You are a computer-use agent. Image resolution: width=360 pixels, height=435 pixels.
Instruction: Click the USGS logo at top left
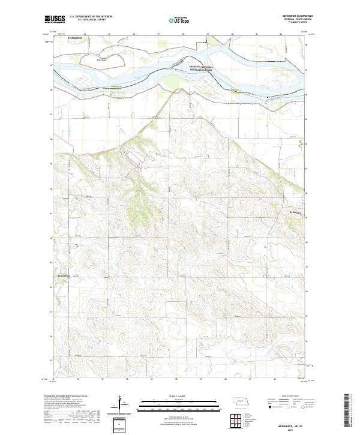(54, 19)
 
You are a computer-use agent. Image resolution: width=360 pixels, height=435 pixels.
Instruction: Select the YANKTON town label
(75, 37)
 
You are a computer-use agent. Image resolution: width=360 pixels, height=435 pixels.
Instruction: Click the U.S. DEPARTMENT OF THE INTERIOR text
(91, 16)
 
